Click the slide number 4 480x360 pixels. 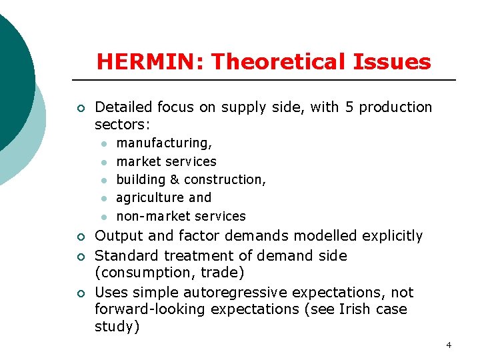tap(449, 345)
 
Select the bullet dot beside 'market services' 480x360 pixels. tap(104, 162)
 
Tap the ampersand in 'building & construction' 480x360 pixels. tap(175, 179)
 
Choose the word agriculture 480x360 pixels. tap(150, 198)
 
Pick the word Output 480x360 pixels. tap(117, 236)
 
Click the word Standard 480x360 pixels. tap(126, 255)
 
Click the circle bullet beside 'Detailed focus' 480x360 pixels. tap(79, 107)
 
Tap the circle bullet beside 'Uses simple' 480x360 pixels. tap(79, 293)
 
